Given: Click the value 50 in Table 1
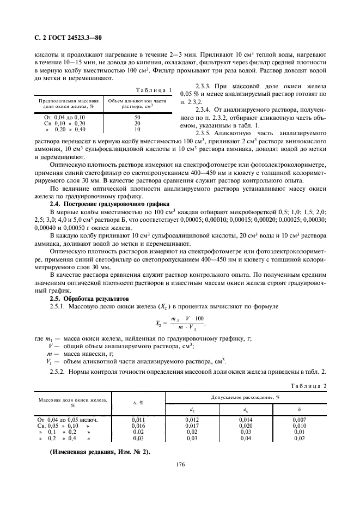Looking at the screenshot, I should (137, 117).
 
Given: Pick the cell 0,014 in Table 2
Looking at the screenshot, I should (246, 418).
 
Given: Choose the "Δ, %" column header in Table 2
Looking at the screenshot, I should (138, 403).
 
